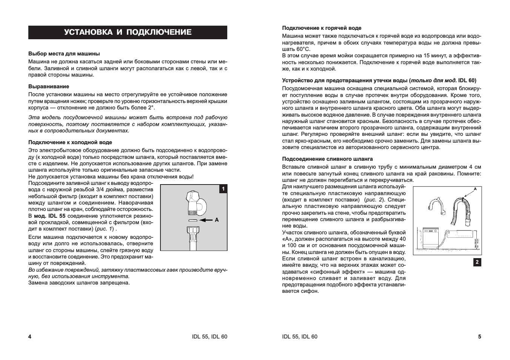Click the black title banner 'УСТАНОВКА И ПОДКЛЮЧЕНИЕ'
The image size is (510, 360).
(x=128, y=32)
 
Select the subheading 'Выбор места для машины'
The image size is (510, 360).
(x=64, y=54)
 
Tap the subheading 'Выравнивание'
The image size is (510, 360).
(x=49, y=86)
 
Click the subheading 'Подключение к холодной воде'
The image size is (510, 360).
(x=70, y=142)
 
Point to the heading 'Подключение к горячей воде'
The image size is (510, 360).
(x=322, y=28)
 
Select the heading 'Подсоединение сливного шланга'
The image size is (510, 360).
(x=327, y=159)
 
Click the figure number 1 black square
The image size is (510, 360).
(x=223, y=189)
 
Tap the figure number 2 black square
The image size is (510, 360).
(x=477, y=262)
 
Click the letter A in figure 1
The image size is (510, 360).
(x=217, y=220)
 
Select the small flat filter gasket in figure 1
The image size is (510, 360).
(x=192, y=220)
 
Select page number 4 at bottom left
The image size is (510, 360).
(x=30, y=337)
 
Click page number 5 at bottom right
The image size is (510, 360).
(x=479, y=337)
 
